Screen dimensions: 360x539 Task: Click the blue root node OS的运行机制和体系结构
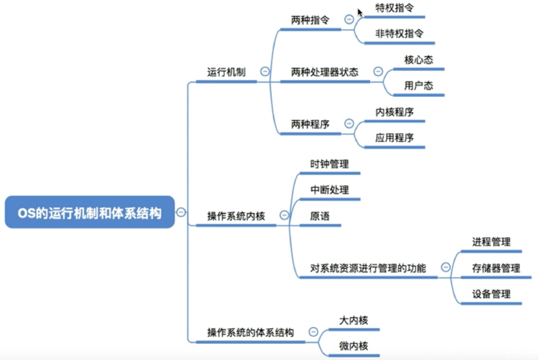coord(90,213)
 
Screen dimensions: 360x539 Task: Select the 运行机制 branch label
coord(226,72)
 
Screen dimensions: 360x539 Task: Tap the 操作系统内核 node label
coord(235,216)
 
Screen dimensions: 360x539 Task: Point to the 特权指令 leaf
coord(394,8)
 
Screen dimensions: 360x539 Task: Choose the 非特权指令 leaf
coord(399,34)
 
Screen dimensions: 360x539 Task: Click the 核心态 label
coord(419,60)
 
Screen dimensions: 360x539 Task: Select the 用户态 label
coord(419,86)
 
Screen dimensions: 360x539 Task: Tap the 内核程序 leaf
coord(394,112)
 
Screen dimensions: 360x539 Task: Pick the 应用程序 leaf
coord(394,138)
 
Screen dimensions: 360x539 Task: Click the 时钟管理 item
coord(329,164)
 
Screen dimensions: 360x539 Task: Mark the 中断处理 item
coord(329,190)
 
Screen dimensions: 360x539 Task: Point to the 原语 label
coord(320,216)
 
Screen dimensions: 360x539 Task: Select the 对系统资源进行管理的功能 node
coord(368,268)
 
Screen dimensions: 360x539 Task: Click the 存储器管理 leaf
coord(496,268)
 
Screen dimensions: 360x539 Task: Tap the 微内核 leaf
coord(353,346)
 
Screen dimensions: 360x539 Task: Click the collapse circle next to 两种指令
coord(349,19)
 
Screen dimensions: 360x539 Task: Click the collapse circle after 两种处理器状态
coord(378,71)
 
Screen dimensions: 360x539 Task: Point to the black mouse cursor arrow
coord(360,12)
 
